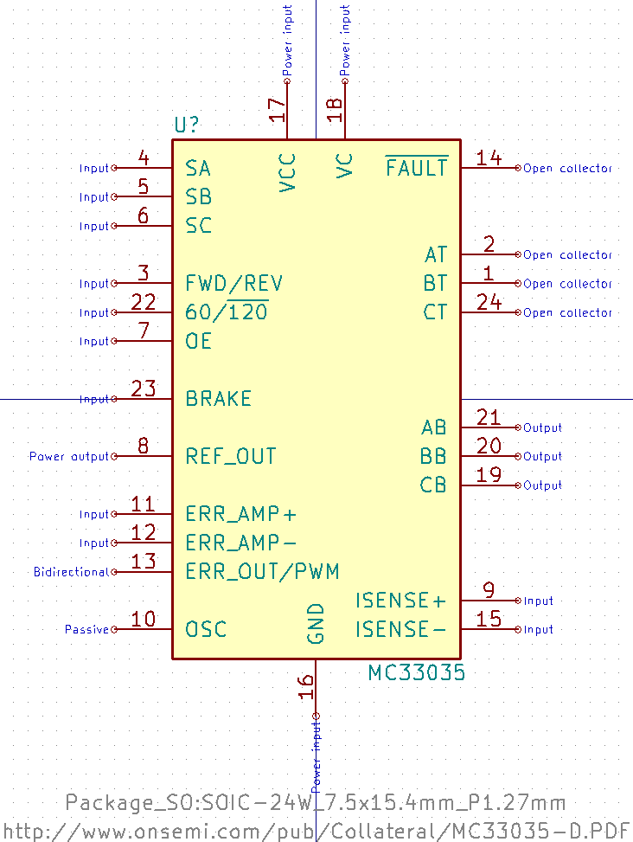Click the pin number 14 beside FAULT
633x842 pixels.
click(489, 157)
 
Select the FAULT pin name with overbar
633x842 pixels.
click(417, 168)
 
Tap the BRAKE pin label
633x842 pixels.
click(219, 399)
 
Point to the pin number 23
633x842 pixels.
click(143, 389)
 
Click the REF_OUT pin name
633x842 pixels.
click(231, 457)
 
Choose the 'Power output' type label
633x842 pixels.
click(69, 456)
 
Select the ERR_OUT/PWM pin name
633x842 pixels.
click(262, 572)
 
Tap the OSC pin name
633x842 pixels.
click(207, 629)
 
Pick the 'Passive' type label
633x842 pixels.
click(86, 629)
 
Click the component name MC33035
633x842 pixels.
click(416, 673)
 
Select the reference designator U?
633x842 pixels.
click(187, 125)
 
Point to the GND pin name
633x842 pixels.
click(316, 623)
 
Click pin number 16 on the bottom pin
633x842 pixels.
click(305, 686)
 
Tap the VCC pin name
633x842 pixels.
click(288, 171)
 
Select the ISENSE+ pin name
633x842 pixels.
click(400, 601)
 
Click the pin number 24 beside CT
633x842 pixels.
click(489, 302)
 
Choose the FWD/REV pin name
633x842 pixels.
click(234, 284)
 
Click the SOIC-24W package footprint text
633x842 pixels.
click(316, 803)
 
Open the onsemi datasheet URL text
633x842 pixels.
click(316, 831)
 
